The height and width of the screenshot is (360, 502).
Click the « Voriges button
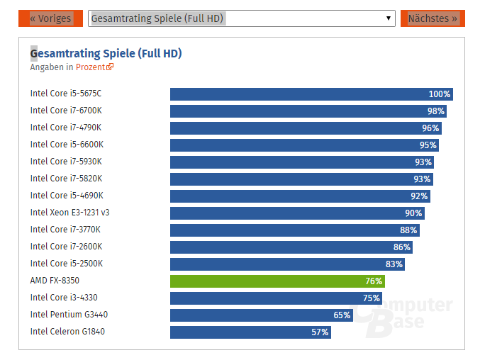click(50, 18)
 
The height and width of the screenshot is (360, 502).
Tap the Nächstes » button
click(433, 18)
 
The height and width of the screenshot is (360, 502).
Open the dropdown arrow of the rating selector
click(388, 18)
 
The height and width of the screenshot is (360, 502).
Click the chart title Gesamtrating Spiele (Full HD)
click(106, 53)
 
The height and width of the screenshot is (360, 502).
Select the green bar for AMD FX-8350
click(277, 281)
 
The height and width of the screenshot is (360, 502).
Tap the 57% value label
click(320, 332)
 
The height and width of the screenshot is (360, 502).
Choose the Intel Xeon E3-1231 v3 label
click(69, 213)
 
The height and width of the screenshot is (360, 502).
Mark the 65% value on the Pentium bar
click(342, 315)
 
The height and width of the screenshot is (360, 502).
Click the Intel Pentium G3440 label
click(69, 315)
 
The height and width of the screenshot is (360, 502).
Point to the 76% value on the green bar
click(374, 281)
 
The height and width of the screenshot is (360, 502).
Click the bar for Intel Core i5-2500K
click(284, 264)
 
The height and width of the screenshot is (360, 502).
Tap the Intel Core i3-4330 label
click(64, 298)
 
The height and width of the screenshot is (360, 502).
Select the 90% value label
click(413, 213)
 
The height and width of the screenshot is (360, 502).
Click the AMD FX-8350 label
click(55, 281)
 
